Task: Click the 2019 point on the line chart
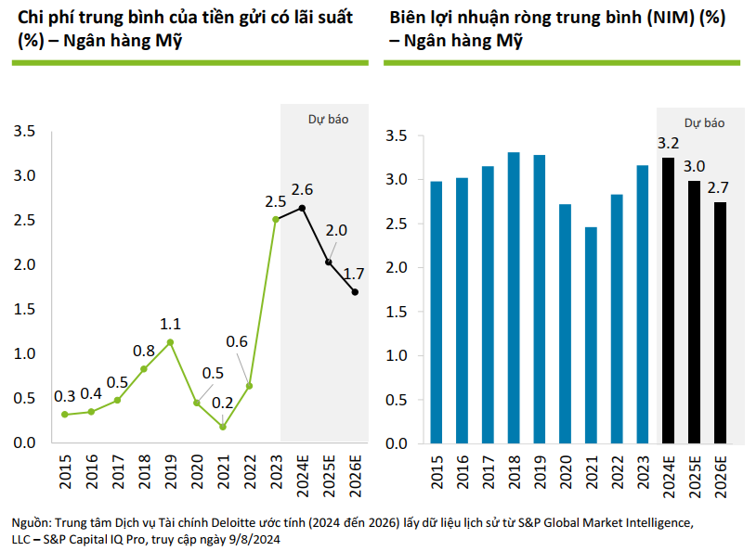click(x=170, y=342)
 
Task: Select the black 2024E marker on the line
click(x=302, y=208)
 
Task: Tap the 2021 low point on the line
click(x=223, y=427)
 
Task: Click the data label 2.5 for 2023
click(x=275, y=200)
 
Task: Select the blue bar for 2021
click(x=591, y=335)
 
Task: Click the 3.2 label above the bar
click(x=668, y=144)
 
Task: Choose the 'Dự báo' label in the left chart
click(x=328, y=119)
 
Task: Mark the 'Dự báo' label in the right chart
click(x=704, y=122)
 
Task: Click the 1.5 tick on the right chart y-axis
click(x=397, y=312)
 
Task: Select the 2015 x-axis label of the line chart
click(x=65, y=472)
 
